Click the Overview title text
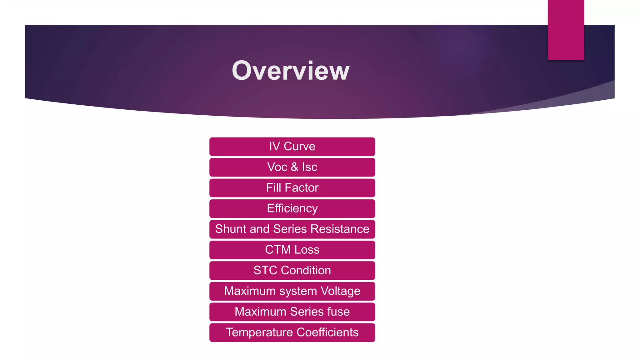(290, 71)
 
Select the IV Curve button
(292, 147)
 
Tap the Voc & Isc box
(292, 167)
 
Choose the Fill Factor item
(292, 188)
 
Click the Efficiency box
(292, 208)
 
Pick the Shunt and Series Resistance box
(292, 229)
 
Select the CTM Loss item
(292, 250)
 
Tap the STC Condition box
(292, 270)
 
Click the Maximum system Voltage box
(292, 291)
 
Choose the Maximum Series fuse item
(292, 312)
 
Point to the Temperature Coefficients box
(292, 332)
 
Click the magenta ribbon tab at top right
(566, 30)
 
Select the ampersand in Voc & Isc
(294, 167)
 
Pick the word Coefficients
(327, 332)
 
